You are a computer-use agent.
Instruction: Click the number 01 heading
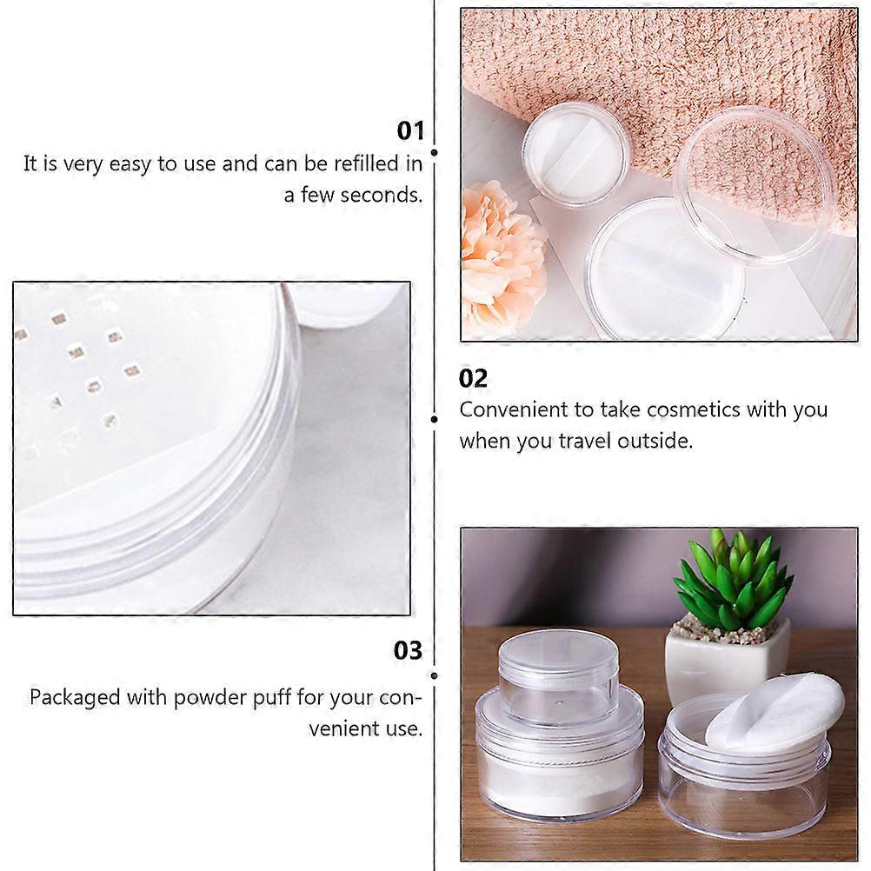click(x=410, y=130)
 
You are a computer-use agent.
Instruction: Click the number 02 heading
click(x=473, y=378)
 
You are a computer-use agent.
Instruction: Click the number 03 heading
click(x=408, y=650)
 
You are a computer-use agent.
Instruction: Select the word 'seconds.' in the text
click(x=381, y=195)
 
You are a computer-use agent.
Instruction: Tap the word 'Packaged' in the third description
click(x=75, y=698)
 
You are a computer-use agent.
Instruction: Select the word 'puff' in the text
click(x=272, y=697)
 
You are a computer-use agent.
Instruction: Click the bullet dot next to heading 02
click(x=435, y=420)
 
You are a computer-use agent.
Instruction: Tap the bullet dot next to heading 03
click(x=435, y=676)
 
